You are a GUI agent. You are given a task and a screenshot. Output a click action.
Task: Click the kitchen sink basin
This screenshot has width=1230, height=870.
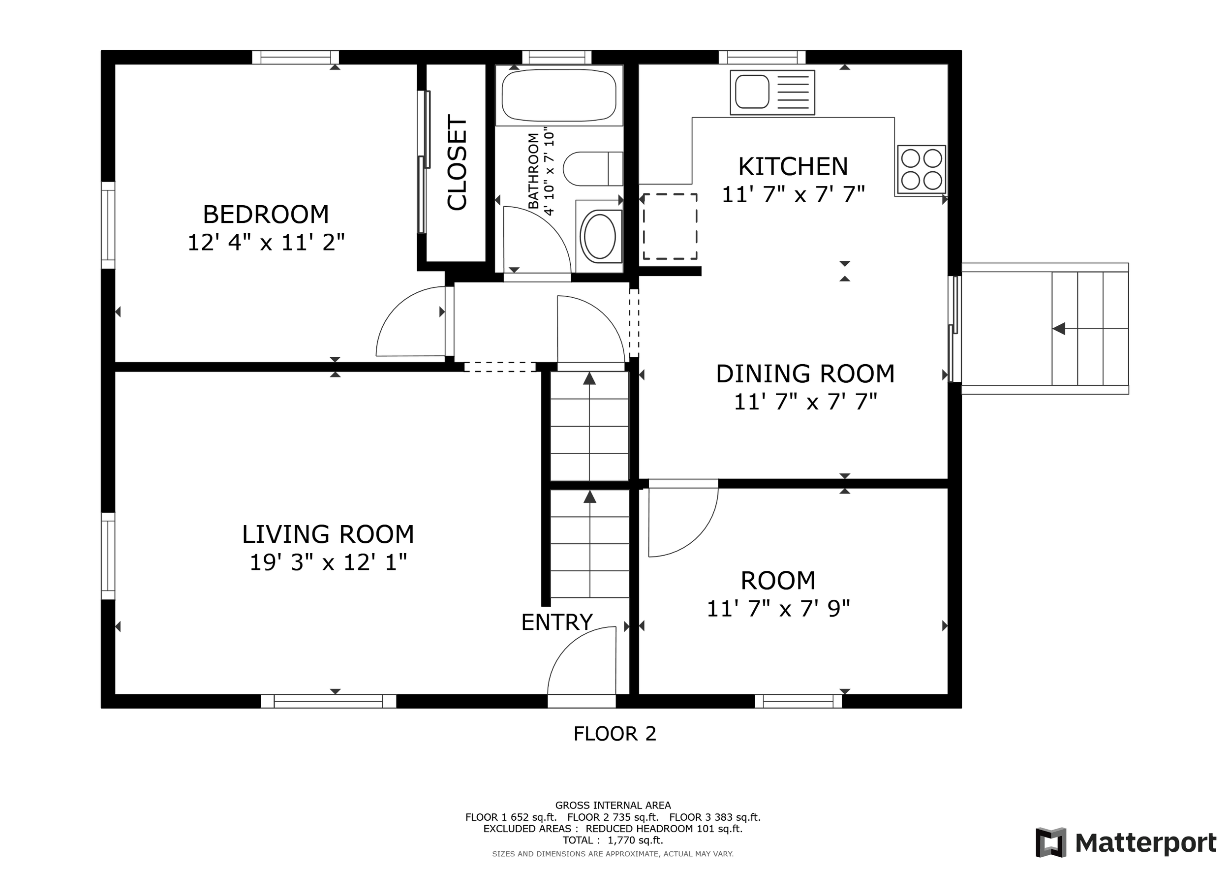(x=752, y=92)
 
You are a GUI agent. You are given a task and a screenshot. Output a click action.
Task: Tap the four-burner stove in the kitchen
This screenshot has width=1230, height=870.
(x=922, y=169)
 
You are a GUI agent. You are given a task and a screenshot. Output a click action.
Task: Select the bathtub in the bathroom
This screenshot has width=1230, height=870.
(x=559, y=95)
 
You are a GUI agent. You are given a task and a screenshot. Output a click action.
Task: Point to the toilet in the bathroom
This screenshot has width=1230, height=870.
(x=593, y=169)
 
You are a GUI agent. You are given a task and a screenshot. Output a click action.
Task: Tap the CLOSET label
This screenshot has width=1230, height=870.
(x=457, y=163)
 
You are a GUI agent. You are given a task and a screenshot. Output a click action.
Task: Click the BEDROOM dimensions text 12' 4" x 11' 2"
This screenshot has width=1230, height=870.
(x=266, y=243)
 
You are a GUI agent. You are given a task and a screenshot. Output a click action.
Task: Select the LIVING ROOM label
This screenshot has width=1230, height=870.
(x=328, y=534)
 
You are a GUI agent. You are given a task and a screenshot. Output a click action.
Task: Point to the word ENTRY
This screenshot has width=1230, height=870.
(x=556, y=622)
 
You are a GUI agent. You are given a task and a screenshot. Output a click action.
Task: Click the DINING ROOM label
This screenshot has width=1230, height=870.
(x=805, y=374)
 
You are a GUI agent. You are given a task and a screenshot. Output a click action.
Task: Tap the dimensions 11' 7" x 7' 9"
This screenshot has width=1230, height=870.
(x=778, y=609)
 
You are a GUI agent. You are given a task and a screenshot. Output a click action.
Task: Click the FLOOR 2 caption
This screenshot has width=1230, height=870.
(x=615, y=734)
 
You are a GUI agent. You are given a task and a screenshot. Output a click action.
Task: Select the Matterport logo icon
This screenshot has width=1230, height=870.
(x=1051, y=842)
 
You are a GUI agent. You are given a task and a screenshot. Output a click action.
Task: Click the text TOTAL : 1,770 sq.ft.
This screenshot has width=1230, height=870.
(x=613, y=840)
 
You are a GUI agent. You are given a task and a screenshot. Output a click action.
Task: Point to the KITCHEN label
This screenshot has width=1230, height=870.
(x=793, y=167)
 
